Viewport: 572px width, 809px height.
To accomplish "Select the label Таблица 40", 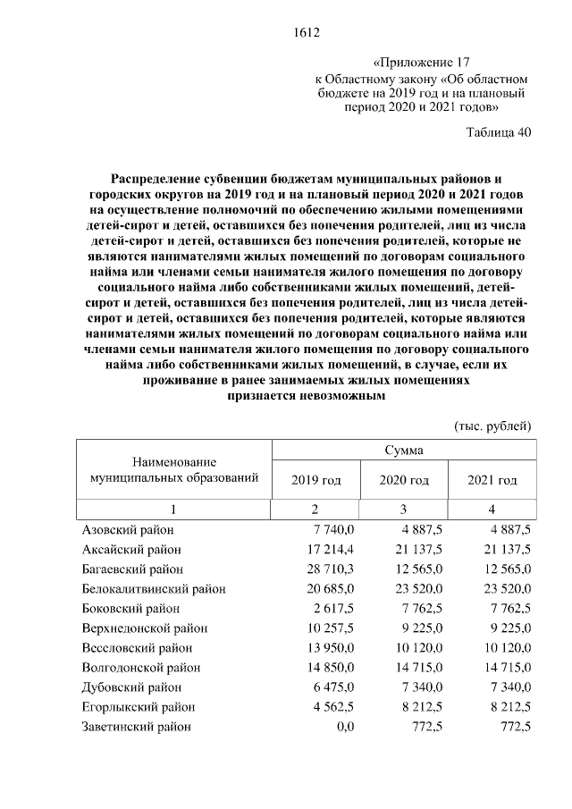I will click(x=499, y=132).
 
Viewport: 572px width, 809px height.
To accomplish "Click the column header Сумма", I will click(x=404, y=450).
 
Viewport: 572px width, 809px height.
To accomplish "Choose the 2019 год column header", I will click(x=316, y=481).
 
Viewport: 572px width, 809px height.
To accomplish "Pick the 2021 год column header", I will click(x=492, y=481).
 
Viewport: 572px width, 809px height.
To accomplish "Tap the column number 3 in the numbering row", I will click(x=404, y=510).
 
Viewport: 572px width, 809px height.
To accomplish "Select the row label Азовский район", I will click(x=127, y=530).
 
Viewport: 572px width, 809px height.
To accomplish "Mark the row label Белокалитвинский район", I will click(x=153, y=589).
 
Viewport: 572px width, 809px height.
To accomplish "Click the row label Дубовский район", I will click(x=130, y=687).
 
